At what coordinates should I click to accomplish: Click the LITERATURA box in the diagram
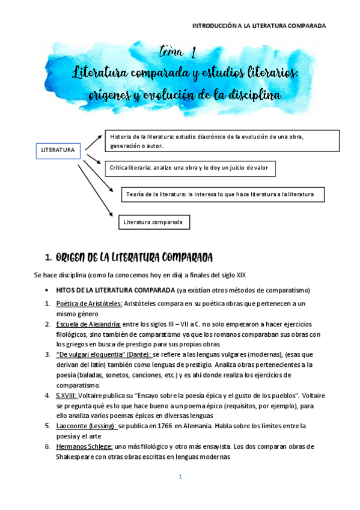tap(58, 149)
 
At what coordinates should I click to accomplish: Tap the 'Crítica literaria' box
tap(191, 169)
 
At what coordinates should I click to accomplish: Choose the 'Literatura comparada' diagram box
tap(154, 223)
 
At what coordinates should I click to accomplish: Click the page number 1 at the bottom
tap(179, 477)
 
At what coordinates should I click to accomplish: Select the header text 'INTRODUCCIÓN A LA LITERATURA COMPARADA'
tap(258, 26)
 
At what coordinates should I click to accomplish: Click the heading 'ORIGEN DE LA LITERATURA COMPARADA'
tap(133, 258)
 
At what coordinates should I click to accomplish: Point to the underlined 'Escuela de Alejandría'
tap(87, 324)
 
